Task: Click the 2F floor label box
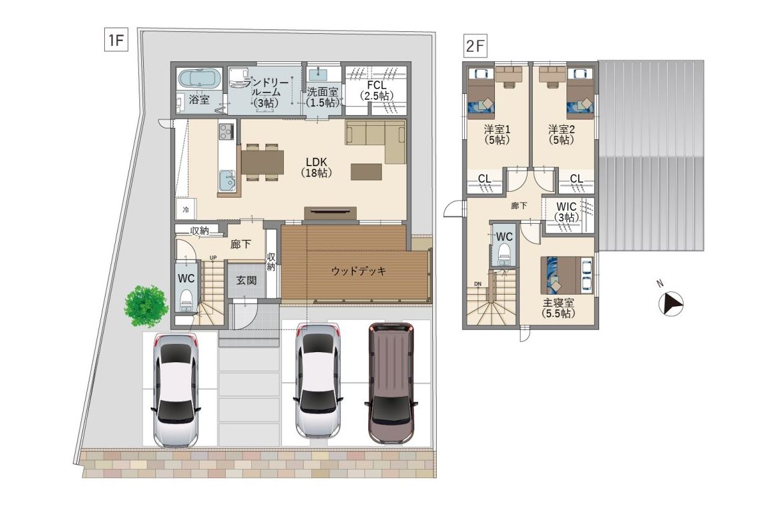pos(475,45)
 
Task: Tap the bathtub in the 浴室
pos(200,79)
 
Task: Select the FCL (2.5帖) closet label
pos(377,91)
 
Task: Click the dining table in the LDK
pos(262,162)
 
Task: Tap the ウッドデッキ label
pos(359,271)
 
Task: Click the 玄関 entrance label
pos(246,280)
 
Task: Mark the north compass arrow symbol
pos(671,304)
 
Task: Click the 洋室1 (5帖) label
pos(497,135)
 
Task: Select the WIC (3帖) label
pos(567,212)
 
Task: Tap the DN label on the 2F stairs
pos(478,284)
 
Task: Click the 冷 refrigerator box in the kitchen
pos(186,210)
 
